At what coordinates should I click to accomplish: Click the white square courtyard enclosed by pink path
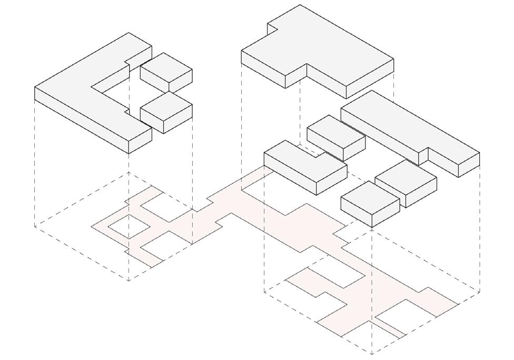coord(128,226)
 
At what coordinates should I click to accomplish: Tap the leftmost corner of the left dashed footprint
coord(35,227)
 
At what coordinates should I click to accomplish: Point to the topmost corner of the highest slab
coord(301,5)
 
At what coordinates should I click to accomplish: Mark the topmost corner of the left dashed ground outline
coord(129,173)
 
